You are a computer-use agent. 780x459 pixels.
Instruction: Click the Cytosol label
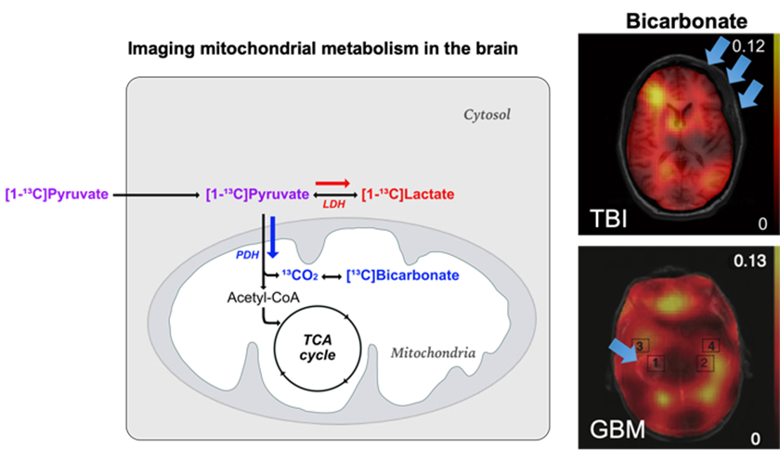pyautogui.click(x=488, y=116)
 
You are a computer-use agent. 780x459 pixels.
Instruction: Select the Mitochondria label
pyautogui.click(x=434, y=353)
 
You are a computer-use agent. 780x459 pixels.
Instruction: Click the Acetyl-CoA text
pyautogui.click(x=257, y=298)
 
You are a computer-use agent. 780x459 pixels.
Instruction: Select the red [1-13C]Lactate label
pyautogui.click(x=408, y=195)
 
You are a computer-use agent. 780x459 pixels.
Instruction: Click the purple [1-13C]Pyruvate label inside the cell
pyautogui.click(x=256, y=195)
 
